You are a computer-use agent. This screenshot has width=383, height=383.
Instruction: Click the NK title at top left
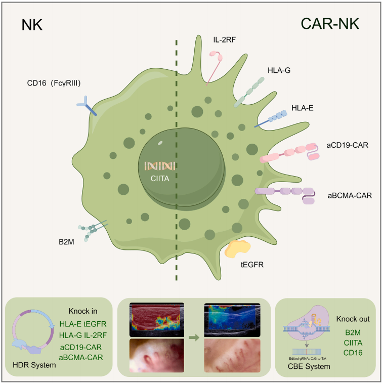(x=32, y=25)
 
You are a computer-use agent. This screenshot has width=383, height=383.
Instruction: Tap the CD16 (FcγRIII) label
(x=55, y=81)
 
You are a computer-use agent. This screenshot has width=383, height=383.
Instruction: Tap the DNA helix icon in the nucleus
(x=160, y=166)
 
